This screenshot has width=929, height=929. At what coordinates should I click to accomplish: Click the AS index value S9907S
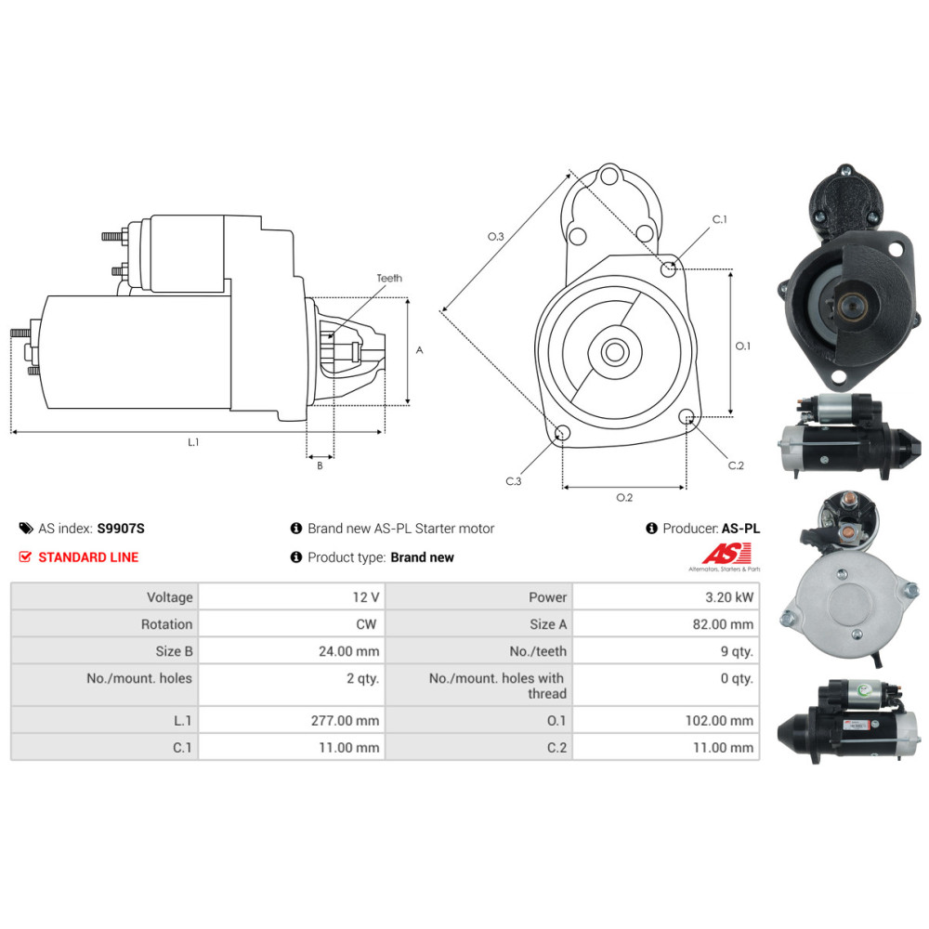(121, 529)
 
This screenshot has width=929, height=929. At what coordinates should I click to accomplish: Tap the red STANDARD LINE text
(88, 557)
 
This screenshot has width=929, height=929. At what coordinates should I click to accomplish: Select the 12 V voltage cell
(365, 597)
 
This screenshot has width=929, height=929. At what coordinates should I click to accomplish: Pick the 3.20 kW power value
(729, 597)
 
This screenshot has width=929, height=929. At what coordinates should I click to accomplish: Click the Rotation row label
(166, 624)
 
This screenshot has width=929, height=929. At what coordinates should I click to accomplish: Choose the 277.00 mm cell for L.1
(345, 721)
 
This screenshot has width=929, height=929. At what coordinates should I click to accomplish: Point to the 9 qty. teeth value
(737, 652)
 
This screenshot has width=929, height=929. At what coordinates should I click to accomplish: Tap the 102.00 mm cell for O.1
(719, 721)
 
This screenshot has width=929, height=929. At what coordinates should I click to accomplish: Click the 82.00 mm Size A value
(723, 624)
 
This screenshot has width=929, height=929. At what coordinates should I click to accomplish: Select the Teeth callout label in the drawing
(389, 278)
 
